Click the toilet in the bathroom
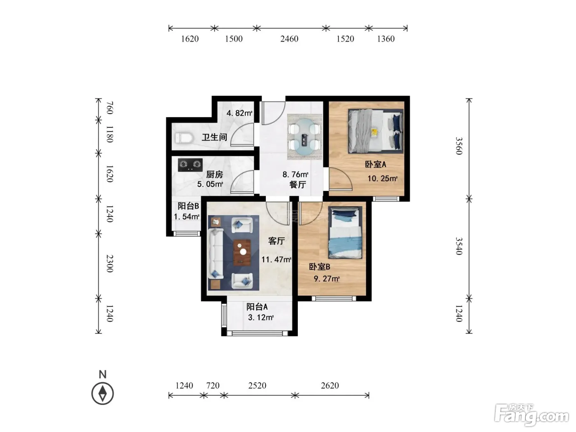183,138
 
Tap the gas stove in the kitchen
190,165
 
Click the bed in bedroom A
376,131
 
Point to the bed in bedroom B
345,232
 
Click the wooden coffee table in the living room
242,252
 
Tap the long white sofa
216,253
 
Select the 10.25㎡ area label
382,179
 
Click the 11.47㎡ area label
276,260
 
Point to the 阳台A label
257,307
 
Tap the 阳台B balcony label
188,206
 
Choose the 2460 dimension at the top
289,39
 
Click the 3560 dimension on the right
458,146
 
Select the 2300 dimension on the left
110,264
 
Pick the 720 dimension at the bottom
213,386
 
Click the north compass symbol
102,393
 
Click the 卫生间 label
214,137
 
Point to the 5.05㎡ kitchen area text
210,184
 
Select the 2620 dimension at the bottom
330,386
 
